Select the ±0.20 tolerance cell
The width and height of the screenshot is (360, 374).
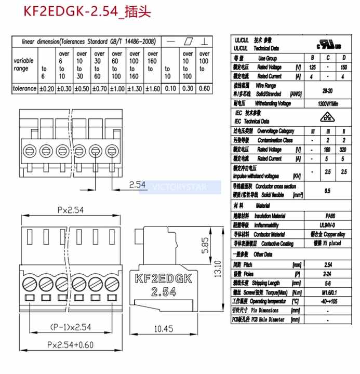tap(47, 88)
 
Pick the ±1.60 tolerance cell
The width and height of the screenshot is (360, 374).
tap(152, 88)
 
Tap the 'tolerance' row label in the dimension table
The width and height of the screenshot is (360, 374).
tap(24, 88)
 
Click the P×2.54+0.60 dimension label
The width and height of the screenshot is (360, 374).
tap(70, 344)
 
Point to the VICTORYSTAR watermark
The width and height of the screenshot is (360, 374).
tap(179, 186)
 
